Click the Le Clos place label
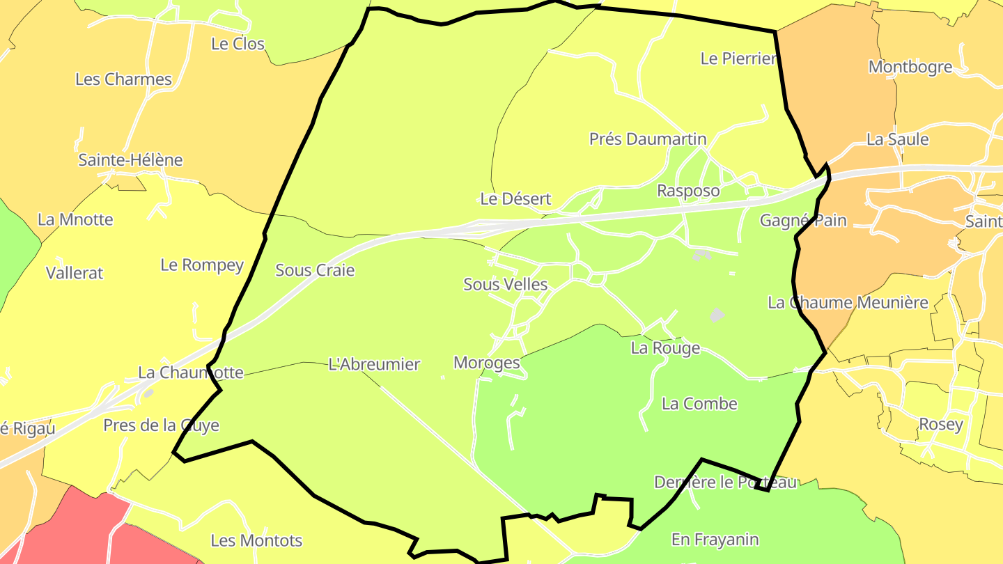pyautogui.click(x=238, y=44)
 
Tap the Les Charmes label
pyautogui.click(x=123, y=79)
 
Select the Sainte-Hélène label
pyautogui.click(x=130, y=160)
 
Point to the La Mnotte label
pyautogui.click(x=75, y=220)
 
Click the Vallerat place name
pyautogui.click(x=75, y=273)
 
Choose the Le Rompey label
pyautogui.click(x=202, y=265)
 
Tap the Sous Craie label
pyautogui.click(x=315, y=270)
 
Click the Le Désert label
pyautogui.click(x=515, y=199)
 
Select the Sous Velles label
pyautogui.click(x=506, y=285)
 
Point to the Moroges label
pyautogui.click(x=487, y=363)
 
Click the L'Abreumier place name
pyautogui.click(x=374, y=364)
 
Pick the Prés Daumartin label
pyautogui.click(x=648, y=139)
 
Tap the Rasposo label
pyautogui.click(x=688, y=191)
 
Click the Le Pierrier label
pyautogui.click(x=738, y=58)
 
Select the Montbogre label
pyautogui.click(x=910, y=67)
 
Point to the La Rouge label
pyautogui.click(x=665, y=348)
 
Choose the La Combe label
pyautogui.click(x=699, y=404)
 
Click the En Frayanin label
pyautogui.click(x=715, y=540)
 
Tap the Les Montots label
pyautogui.click(x=256, y=540)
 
